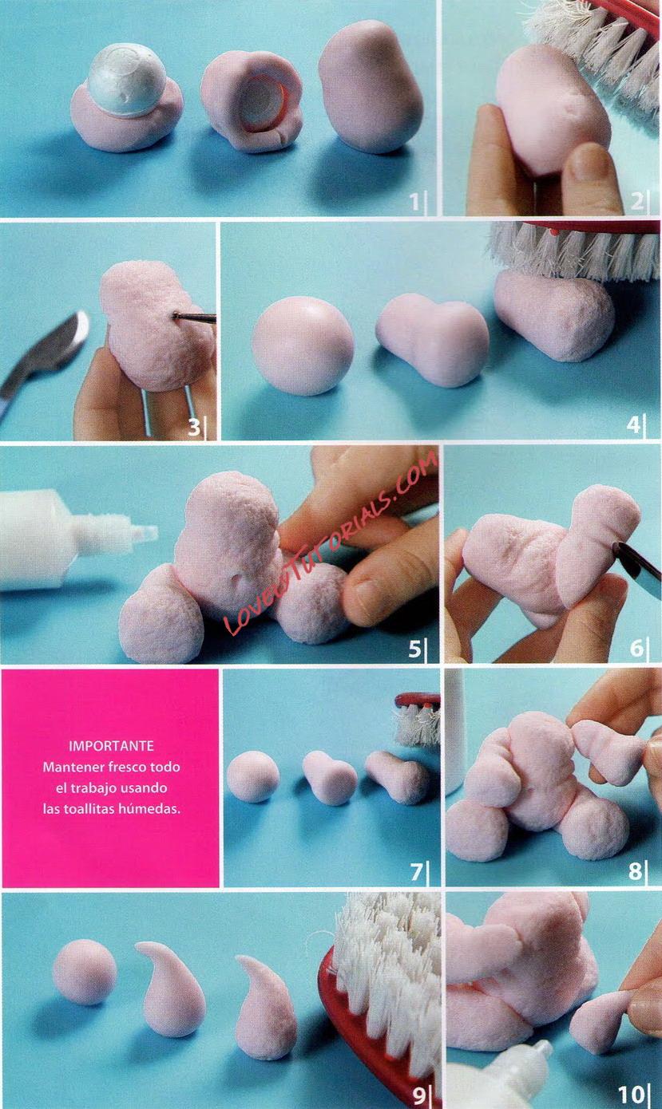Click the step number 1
pyautogui.click(x=414, y=202)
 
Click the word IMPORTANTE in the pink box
pyautogui.click(x=111, y=746)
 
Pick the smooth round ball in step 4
pyautogui.click(x=303, y=345)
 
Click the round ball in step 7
pyautogui.click(x=252, y=776)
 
